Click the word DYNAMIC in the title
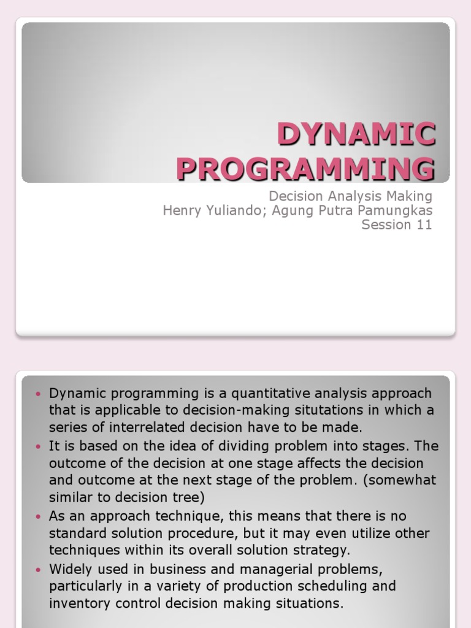(356, 134)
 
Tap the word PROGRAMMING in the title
(305, 168)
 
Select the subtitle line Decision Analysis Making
(351, 196)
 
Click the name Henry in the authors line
(182, 210)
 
